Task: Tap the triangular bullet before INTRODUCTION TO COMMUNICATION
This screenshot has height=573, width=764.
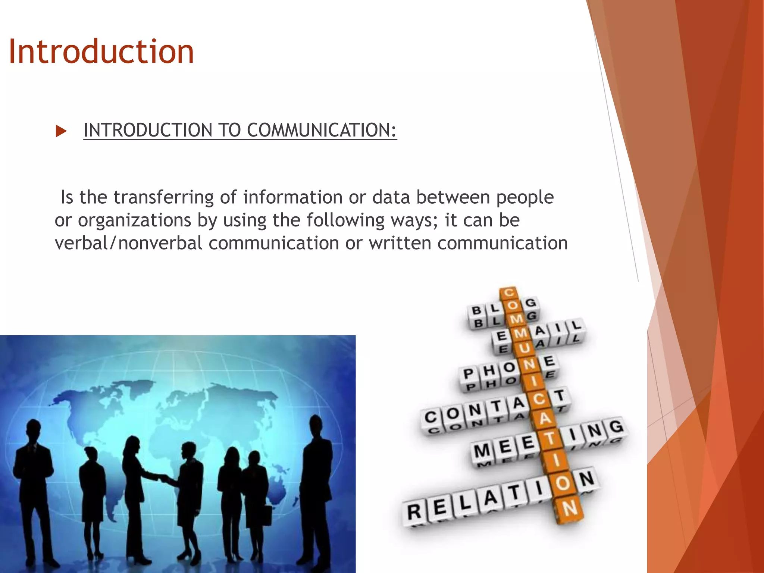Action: [60, 131]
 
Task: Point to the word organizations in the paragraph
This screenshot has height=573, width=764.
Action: [134, 220]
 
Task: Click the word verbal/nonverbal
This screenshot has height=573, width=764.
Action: [128, 243]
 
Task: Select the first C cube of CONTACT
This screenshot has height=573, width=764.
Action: [430, 417]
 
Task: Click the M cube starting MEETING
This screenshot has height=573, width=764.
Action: [482, 451]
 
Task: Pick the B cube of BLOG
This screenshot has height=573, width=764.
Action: [476, 310]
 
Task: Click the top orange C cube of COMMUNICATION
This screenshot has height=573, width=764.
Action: [508, 293]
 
